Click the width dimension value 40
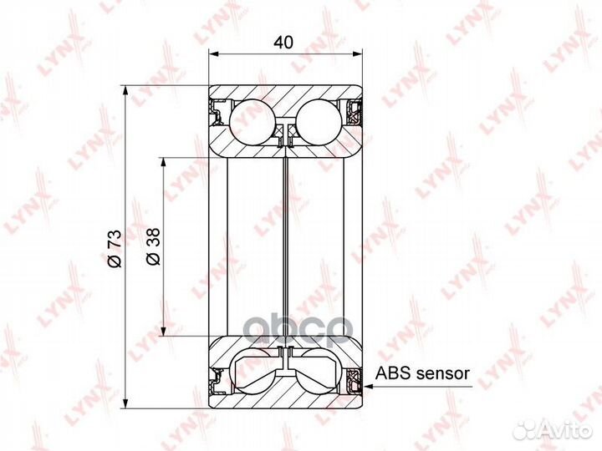283,43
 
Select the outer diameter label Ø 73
115,248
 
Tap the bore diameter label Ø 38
153,246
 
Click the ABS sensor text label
422,372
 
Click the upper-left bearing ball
253,122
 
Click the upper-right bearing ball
319,122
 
